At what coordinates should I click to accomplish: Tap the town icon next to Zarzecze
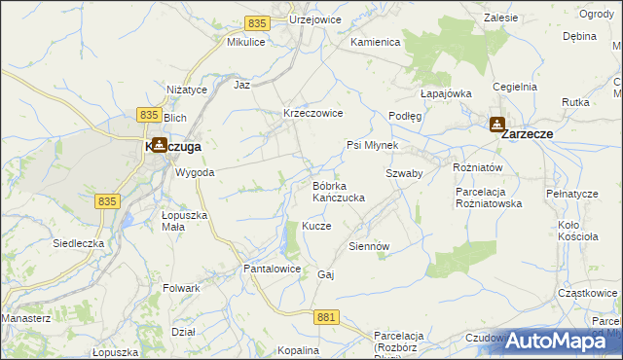click(x=496, y=126)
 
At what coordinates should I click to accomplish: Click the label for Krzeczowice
click(x=311, y=113)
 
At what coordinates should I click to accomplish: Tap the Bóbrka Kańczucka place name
click(x=338, y=192)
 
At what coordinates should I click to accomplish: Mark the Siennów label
click(x=369, y=246)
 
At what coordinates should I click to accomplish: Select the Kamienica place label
click(x=376, y=43)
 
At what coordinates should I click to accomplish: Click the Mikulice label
click(x=246, y=43)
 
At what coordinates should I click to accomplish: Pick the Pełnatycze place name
click(x=571, y=194)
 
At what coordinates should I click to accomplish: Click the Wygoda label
click(x=195, y=172)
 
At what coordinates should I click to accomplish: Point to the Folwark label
click(x=182, y=288)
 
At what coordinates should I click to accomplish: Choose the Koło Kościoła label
click(x=582, y=232)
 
